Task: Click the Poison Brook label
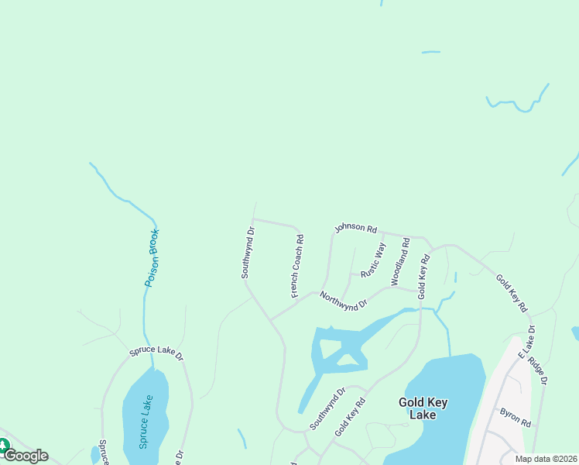coord(152,258)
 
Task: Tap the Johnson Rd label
coord(355,229)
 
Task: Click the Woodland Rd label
coord(399,262)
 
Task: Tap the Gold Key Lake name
coord(423,408)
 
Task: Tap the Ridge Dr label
coord(540,370)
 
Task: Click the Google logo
coord(26,456)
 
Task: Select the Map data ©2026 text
coord(546,459)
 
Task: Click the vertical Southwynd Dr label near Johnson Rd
coord(247,253)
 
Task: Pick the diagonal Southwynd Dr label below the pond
coord(327,408)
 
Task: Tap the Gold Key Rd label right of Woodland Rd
coord(423,277)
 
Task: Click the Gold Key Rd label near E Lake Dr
coord(511,292)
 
